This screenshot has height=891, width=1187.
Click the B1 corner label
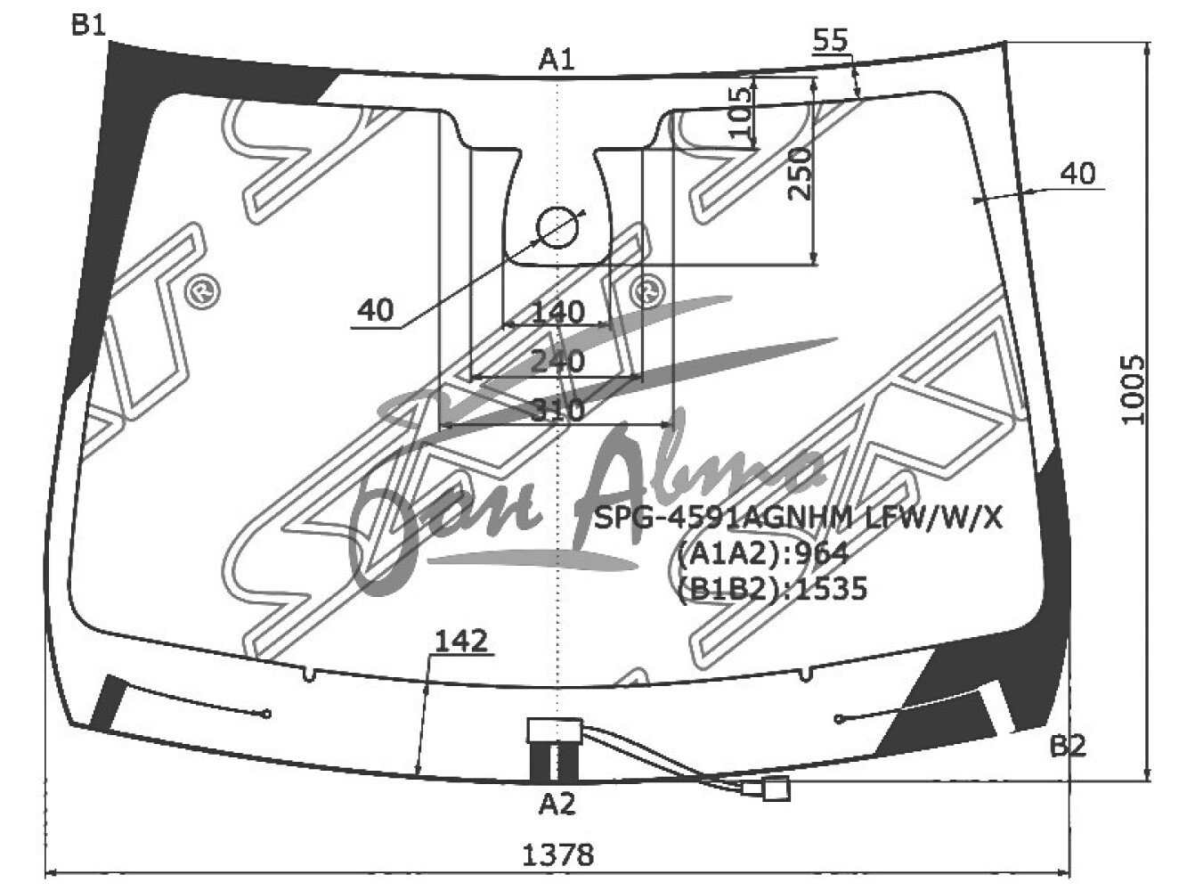(x=89, y=26)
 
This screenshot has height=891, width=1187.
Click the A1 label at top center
(x=557, y=60)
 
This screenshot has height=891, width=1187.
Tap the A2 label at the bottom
(x=557, y=805)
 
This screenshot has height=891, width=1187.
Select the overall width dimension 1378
(x=557, y=855)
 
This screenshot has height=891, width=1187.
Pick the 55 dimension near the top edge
(x=830, y=40)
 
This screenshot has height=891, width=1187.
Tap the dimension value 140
(x=558, y=313)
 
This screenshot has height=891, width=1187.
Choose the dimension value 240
(x=558, y=362)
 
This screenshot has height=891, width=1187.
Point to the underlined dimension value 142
(x=461, y=641)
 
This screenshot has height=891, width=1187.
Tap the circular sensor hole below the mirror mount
(x=558, y=226)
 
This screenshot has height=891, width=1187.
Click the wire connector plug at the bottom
(x=776, y=789)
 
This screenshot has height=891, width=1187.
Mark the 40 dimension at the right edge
(x=1078, y=174)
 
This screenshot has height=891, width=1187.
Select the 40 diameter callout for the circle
(x=375, y=311)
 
